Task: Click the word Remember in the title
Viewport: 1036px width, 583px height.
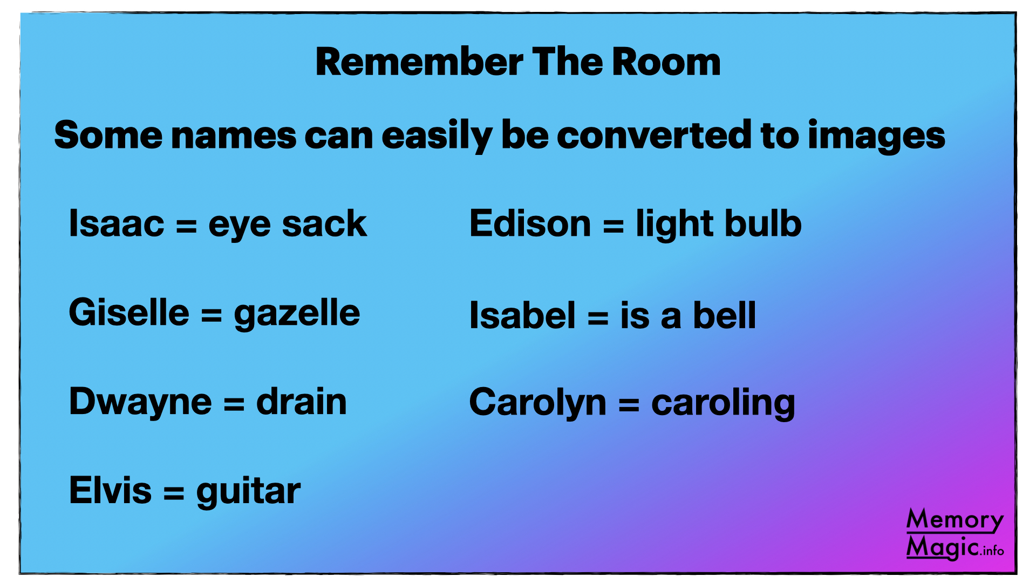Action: pos(419,62)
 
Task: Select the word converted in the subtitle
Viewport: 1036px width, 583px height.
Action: pos(653,134)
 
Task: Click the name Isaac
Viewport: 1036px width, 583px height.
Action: pos(117,223)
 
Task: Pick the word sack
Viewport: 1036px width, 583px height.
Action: pos(324,223)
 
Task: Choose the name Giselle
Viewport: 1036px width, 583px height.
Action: pos(129,312)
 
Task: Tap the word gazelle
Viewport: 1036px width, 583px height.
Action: pos(297,314)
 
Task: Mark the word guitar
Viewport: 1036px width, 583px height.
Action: pos(248,492)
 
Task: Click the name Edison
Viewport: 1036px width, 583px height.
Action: pos(530,223)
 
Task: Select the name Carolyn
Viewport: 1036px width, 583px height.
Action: pos(538,403)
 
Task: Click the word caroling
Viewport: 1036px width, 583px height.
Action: pos(724,403)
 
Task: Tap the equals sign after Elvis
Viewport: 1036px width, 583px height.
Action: pos(174,492)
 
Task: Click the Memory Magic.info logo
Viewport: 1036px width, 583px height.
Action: pos(955,534)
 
